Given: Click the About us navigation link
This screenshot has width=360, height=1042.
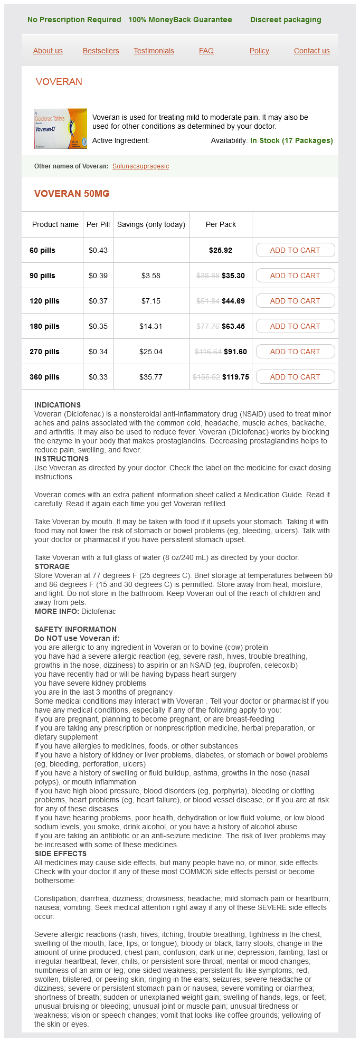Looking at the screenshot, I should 48,51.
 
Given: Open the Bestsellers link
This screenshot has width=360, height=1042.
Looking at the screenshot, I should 101,51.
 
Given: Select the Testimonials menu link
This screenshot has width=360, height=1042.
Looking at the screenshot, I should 154,51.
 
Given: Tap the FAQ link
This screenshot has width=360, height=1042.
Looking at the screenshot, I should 206,51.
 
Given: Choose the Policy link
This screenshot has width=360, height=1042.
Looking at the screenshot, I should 259,51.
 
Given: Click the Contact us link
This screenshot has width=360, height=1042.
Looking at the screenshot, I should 311,51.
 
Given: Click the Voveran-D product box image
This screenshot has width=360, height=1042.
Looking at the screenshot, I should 61,129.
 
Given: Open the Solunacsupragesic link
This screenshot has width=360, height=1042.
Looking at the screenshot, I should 140,166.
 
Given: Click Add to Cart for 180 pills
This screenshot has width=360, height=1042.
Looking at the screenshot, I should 295,326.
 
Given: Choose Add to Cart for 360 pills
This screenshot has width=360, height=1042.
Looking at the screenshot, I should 295,377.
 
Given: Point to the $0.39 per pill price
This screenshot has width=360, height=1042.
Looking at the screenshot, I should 98,276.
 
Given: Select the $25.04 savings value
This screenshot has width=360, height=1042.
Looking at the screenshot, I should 151,352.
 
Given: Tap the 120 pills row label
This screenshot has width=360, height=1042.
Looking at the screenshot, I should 44,301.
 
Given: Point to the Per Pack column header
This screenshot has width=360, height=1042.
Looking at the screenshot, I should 221,224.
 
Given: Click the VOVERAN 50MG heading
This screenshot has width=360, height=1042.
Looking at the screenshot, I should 72,194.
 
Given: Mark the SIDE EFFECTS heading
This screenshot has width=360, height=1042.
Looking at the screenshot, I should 60,854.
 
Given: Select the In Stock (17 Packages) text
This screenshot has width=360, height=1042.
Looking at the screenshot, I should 291,140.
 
